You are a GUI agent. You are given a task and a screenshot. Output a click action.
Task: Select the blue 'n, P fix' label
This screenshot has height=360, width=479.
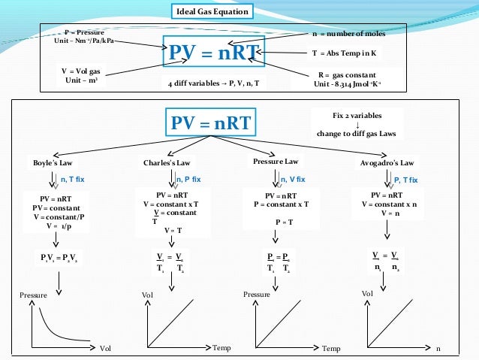188,180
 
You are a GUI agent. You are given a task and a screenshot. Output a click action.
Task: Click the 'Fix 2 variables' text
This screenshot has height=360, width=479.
357,116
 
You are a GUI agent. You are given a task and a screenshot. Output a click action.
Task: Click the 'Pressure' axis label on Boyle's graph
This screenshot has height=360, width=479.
32,295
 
